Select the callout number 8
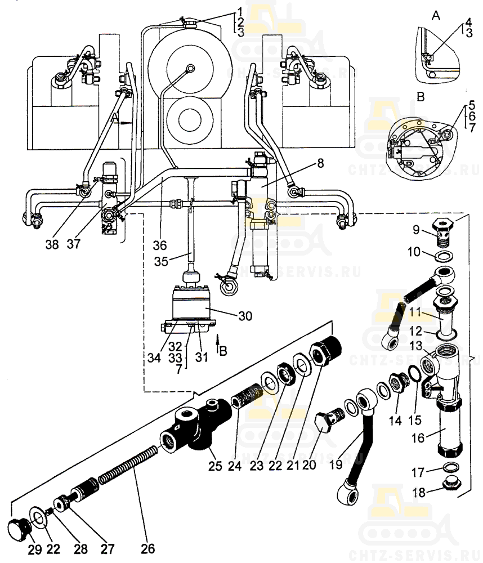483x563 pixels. [x=320, y=164]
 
